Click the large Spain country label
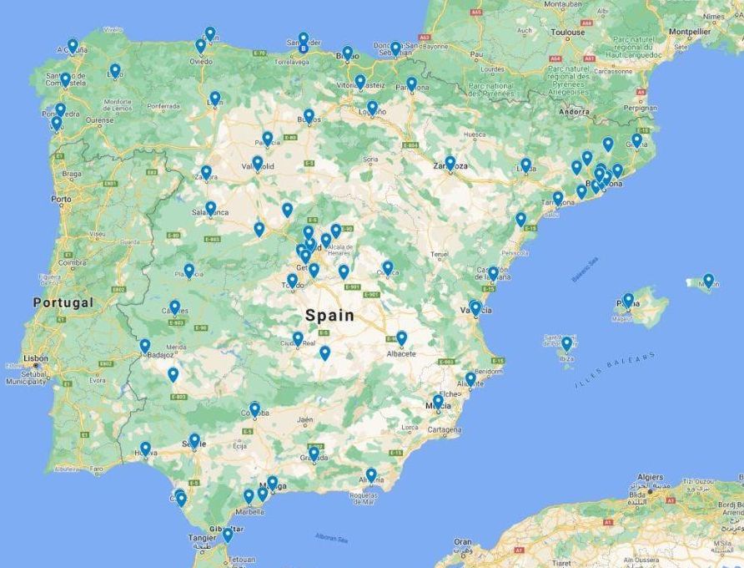[329, 316]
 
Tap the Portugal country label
[63, 302]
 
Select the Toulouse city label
[568, 33]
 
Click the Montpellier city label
[690, 32]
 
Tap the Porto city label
[61, 200]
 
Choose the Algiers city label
[650, 478]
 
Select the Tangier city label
[202, 538]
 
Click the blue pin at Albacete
[401, 337]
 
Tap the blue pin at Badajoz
[145, 345]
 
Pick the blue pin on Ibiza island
[566, 342]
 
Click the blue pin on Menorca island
[708, 280]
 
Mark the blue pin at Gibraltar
[227, 535]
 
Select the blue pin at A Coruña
[73, 45]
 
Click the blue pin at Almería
[371, 474]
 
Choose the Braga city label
[72, 175]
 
